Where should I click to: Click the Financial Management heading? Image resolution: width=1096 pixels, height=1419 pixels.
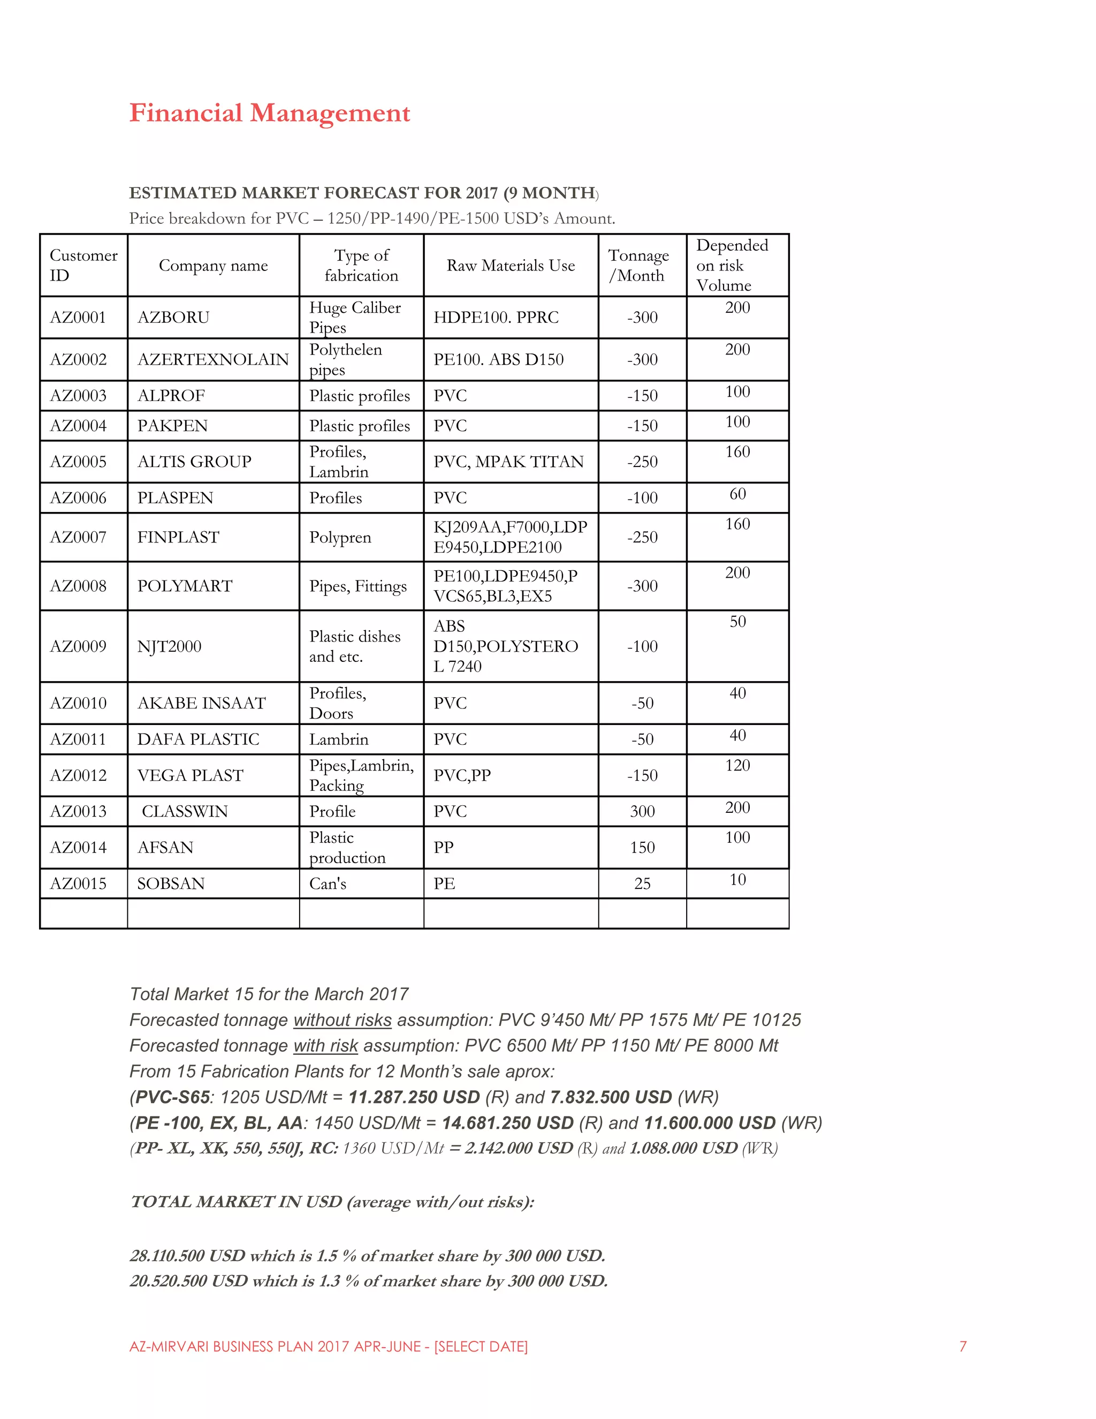[270, 113]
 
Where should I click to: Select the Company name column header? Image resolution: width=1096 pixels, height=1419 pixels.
[213, 266]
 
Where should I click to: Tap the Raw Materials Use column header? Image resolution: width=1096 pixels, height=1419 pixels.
[511, 266]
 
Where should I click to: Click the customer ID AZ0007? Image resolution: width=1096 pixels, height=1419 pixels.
[78, 537]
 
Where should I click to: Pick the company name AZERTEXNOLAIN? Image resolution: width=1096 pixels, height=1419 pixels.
[213, 359]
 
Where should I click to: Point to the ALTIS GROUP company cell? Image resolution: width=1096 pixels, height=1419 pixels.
[194, 462]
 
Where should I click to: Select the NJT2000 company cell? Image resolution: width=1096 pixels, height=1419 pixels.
[170, 646]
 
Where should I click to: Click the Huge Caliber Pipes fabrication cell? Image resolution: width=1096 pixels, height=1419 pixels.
[354, 317]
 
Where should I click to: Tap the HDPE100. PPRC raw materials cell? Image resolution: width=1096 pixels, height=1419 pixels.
[496, 317]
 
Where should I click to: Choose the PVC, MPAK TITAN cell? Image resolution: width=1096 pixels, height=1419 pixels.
[508, 462]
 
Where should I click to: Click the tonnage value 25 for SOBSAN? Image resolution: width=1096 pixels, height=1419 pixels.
[642, 884]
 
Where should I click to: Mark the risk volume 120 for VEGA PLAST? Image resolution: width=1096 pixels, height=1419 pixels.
[737, 765]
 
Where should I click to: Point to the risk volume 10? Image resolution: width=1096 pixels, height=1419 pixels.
[737, 880]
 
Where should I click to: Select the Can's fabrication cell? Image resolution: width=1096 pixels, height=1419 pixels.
[328, 884]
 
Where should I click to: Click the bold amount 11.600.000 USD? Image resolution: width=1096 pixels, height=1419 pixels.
[710, 1123]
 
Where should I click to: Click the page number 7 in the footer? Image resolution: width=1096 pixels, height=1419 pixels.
[963, 1346]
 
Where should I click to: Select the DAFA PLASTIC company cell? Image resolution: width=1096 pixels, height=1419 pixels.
[198, 739]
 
